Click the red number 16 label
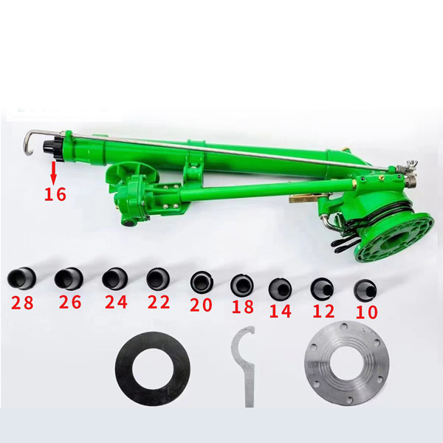[x=55, y=194]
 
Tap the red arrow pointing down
[x=54, y=174]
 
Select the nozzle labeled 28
[x=21, y=279]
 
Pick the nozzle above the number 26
[x=69, y=279]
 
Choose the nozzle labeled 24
[x=114, y=279]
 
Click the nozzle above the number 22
[x=158, y=278]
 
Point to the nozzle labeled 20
[x=202, y=282]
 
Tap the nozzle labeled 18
[x=242, y=284]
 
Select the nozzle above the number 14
[x=280, y=288]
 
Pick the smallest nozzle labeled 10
[x=365, y=289]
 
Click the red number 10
[x=366, y=312]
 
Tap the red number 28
[x=22, y=302]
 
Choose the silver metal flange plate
[x=347, y=363]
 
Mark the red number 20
[x=201, y=305]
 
